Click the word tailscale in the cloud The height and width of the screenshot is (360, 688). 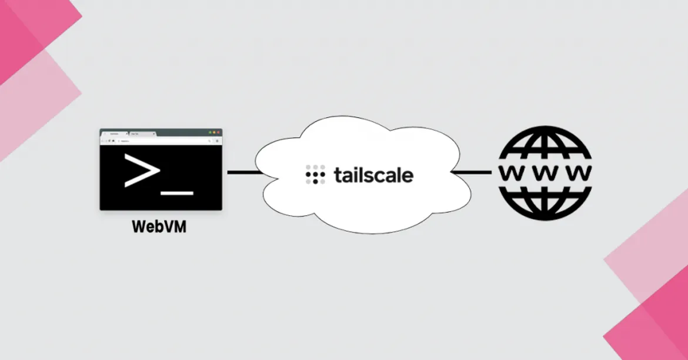373,175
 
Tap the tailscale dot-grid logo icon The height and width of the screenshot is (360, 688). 315,175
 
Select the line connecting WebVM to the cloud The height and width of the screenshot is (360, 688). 243,172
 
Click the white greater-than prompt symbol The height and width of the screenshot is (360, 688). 141,170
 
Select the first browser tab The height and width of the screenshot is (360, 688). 114,134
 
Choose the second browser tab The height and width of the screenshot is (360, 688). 141,134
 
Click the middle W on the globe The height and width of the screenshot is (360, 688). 544,173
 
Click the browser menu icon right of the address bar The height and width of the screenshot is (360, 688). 218,141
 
